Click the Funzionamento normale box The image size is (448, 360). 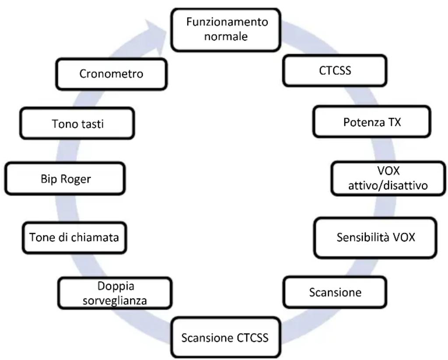226,29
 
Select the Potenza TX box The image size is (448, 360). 371,122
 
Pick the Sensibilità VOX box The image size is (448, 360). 375,238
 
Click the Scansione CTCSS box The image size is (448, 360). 224,338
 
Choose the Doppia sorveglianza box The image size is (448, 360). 115,294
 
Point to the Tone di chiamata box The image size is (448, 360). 74,237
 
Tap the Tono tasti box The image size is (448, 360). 77,124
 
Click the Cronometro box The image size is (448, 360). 111,74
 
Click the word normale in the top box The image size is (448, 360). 226,36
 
